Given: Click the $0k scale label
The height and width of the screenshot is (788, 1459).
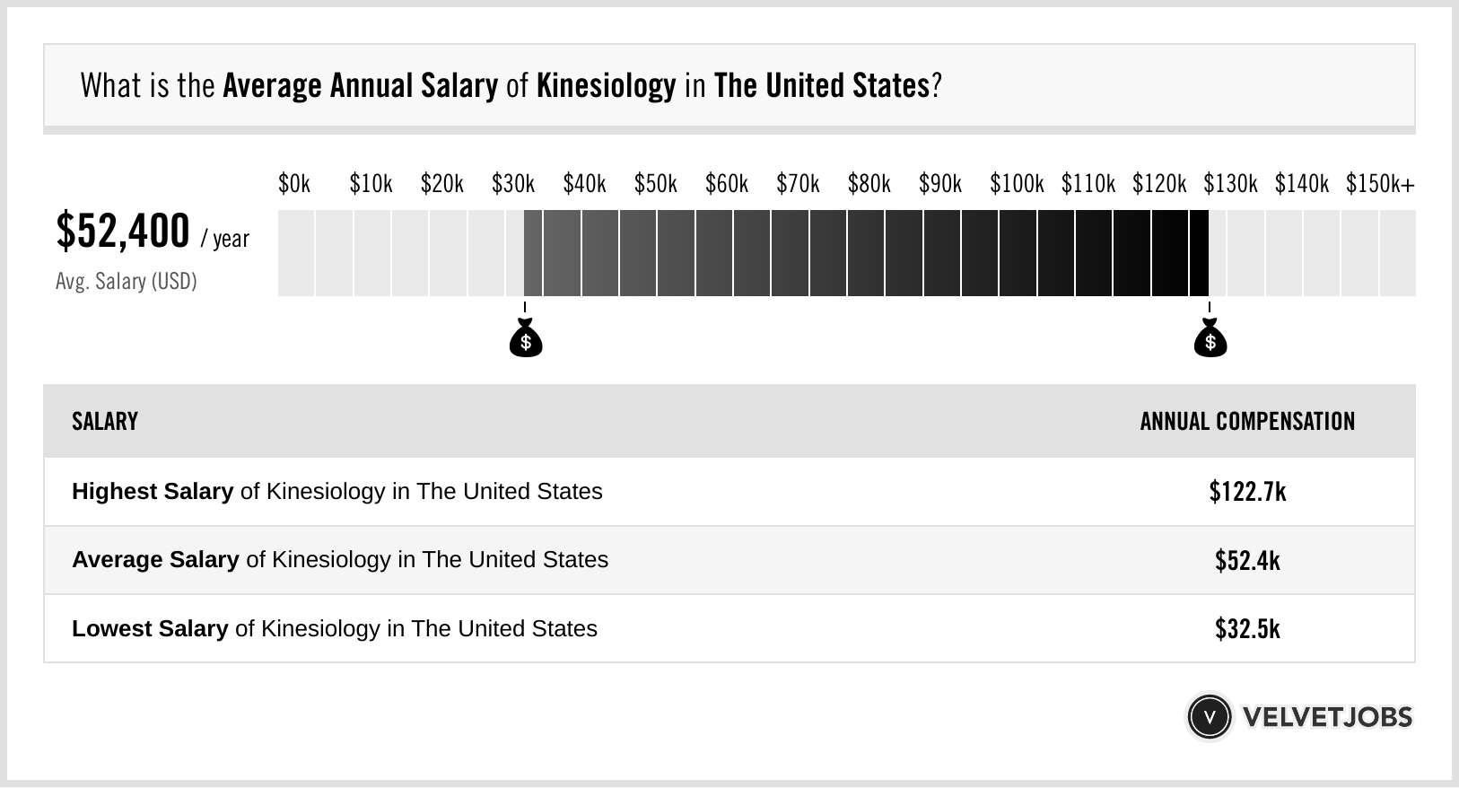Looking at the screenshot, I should point(293,185).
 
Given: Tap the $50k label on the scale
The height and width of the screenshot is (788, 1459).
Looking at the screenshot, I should point(655,185).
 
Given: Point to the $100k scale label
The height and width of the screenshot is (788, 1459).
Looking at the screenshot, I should point(1016,185).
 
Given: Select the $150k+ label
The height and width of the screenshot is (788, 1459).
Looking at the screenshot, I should point(1379,185).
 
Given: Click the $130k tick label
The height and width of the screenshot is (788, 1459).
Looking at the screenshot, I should point(1229,185).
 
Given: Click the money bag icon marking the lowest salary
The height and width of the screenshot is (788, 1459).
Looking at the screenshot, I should point(526,339).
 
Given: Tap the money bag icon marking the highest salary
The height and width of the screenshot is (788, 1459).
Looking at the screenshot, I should point(1210,339).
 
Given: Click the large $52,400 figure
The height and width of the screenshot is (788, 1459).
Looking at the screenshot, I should point(123,232).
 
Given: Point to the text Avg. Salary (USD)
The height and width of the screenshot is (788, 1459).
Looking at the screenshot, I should point(126,282).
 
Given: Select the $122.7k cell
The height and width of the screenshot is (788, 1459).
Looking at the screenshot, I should point(1247,492).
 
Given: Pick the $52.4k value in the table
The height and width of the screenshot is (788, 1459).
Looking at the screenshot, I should point(1247,561).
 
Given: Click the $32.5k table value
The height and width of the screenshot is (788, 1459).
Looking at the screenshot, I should point(1247,629).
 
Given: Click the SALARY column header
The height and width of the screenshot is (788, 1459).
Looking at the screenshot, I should point(105,422).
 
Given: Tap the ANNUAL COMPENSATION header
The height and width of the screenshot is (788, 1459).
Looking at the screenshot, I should point(1247,422).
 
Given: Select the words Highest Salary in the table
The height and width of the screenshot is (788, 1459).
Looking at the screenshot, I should point(153,492).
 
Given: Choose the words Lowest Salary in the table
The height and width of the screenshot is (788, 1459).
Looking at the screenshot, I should point(150,629).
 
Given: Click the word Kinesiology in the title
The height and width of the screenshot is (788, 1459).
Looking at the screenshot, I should point(606,86).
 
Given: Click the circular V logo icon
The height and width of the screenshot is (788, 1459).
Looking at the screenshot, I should point(1209,717).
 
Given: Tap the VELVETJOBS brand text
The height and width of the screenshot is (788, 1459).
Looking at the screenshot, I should point(1327,717).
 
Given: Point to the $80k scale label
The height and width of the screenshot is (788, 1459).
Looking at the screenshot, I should point(869,185).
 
